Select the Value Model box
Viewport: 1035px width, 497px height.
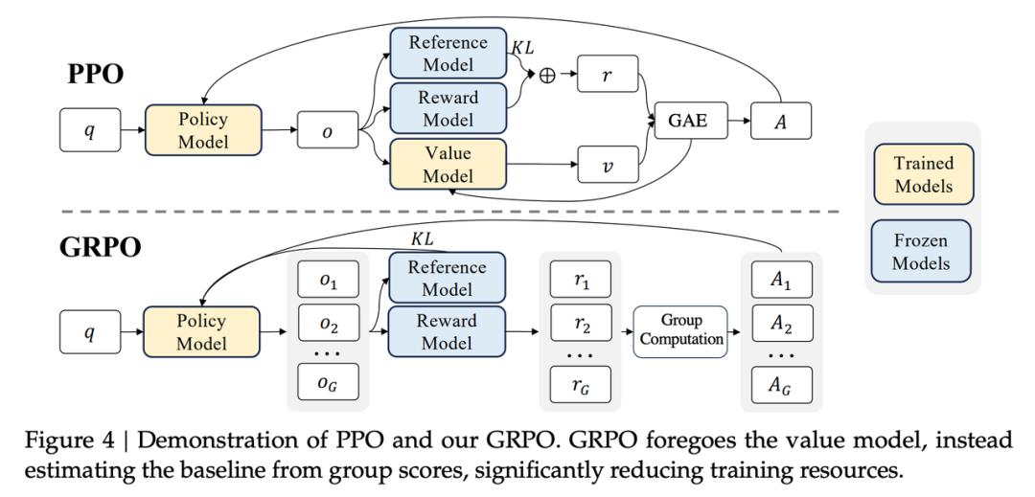pyautogui.click(x=447, y=164)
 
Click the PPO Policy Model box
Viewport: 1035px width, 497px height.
pyautogui.click(x=202, y=130)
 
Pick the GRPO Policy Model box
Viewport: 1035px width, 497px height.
pyautogui.click(x=201, y=331)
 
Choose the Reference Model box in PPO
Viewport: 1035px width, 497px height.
pyautogui.click(x=447, y=54)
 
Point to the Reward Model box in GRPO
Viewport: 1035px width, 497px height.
pyautogui.click(x=447, y=331)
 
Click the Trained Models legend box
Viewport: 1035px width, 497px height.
pyautogui.click(x=923, y=174)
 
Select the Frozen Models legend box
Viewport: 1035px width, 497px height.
pyautogui.click(x=923, y=251)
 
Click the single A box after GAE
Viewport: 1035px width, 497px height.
pyautogui.click(x=780, y=122)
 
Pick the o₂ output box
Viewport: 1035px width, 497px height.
pyautogui.click(x=328, y=326)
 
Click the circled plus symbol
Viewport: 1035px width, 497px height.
pyautogui.click(x=547, y=76)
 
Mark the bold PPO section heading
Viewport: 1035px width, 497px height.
pyautogui.click(x=95, y=74)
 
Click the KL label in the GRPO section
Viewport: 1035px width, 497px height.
pyautogui.click(x=422, y=236)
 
